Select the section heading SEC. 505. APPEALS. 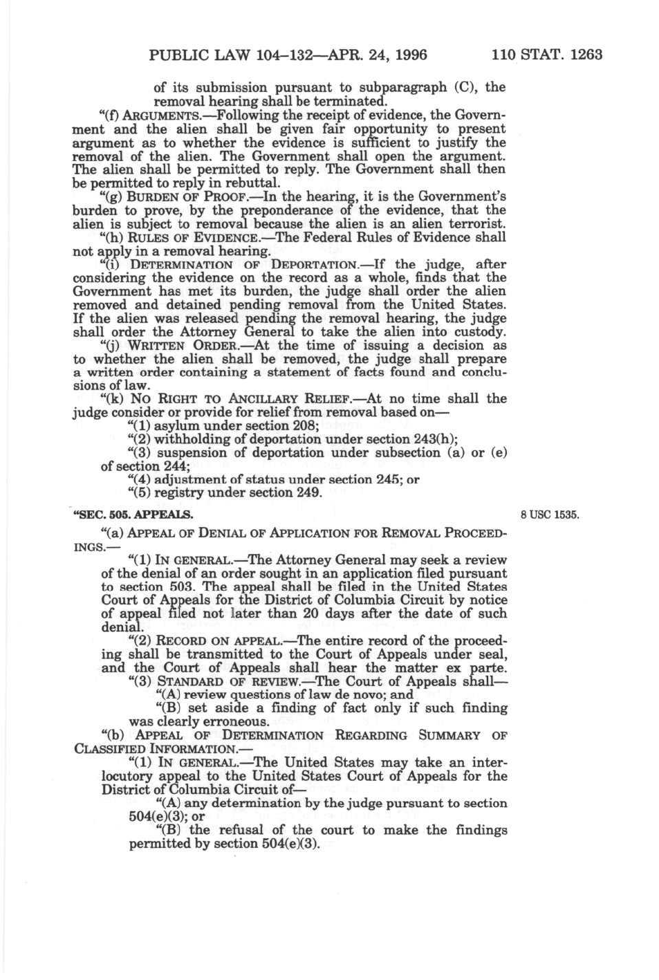click(133, 515)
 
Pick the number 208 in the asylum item click(305, 426)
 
